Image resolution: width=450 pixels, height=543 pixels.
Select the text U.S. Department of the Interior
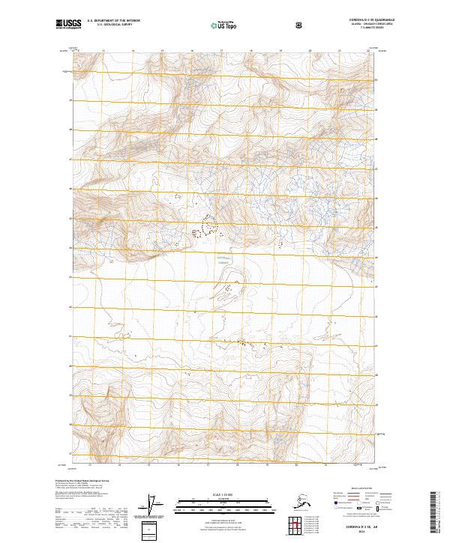point(114,21)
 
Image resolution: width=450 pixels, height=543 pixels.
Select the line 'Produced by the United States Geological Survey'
point(82,479)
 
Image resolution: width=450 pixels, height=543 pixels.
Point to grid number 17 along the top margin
point(221,52)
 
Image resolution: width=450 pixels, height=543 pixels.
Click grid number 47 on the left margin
point(70,160)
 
